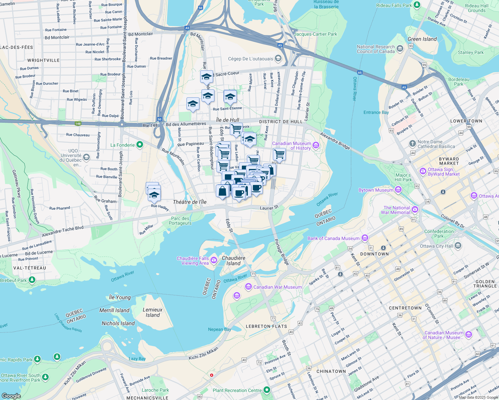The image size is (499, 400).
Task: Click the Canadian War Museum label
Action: click(x=277, y=287)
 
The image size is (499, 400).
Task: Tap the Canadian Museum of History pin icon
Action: click(x=316, y=145)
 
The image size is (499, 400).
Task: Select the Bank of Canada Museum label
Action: click(x=333, y=238)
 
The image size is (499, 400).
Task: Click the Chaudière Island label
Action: click(x=233, y=261)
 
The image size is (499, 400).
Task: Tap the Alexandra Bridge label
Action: click(x=335, y=141)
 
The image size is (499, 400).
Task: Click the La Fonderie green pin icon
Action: click(x=140, y=145)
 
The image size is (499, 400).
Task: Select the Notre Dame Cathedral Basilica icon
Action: click(x=412, y=144)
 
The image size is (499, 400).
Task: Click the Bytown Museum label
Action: click(x=376, y=190)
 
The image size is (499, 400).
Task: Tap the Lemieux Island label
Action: click(x=152, y=312)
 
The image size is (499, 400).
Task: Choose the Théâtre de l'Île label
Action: click(x=189, y=202)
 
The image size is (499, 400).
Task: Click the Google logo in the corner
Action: click(x=11, y=396)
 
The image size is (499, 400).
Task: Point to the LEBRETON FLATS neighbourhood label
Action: click(x=266, y=326)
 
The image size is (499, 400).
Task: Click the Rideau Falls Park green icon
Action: click(x=417, y=5)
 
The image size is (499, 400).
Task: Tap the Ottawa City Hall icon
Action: click(x=458, y=246)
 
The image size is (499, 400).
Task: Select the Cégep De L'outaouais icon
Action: click(x=278, y=59)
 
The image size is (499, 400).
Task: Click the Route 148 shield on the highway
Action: click(x=78, y=124)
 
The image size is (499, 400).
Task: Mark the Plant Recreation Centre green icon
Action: click(x=267, y=390)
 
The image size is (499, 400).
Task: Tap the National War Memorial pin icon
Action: click(x=415, y=210)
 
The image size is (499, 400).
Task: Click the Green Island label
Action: click(x=422, y=39)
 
